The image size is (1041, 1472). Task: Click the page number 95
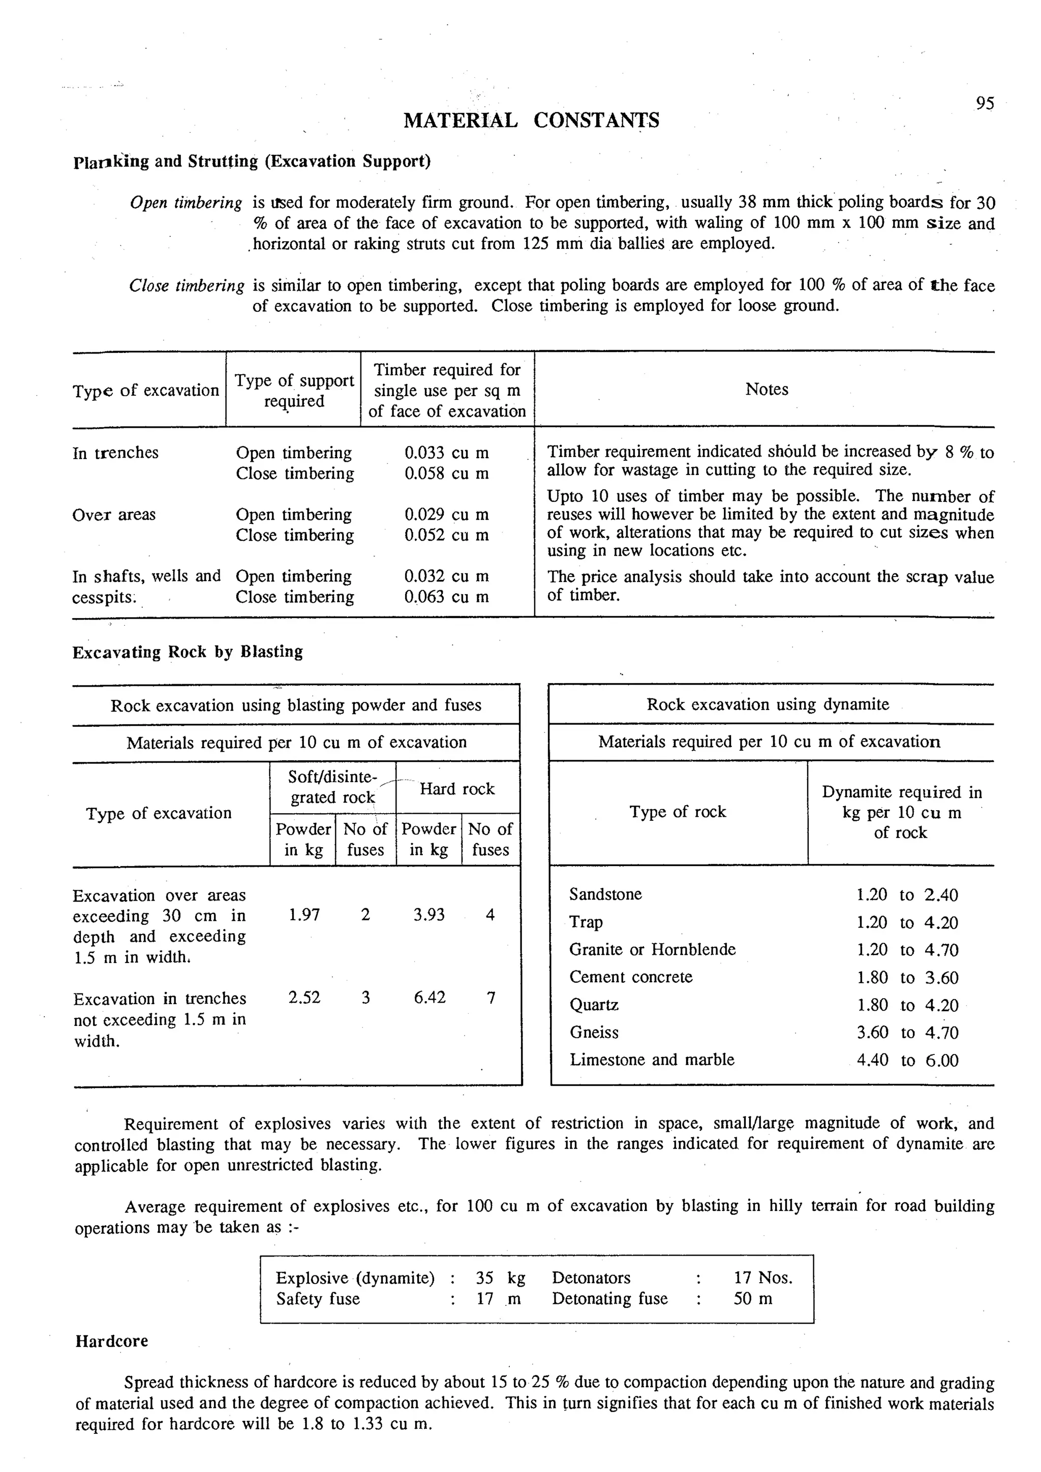point(985,104)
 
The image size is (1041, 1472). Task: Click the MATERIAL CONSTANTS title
point(531,120)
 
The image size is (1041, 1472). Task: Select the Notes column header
point(766,389)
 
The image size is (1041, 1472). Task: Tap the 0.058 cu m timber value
point(446,474)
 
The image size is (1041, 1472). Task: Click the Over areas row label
point(114,515)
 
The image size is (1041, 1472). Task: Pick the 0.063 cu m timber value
point(446,597)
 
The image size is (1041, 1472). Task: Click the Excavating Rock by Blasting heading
point(187,652)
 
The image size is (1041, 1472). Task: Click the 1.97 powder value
point(304,915)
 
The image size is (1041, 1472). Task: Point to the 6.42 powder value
point(429,998)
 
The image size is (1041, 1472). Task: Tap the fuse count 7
point(491,998)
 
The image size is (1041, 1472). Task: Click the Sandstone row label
point(605,894)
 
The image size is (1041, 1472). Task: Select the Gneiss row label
point(594,1032)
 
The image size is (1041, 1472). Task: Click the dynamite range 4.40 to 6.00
point(907,1061)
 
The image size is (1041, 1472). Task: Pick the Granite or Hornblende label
point(652,949)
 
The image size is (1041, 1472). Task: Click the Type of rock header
point(678,812)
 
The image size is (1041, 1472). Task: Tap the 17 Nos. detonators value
point(762,1278)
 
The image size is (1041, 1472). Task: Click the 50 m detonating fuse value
point(753,1299)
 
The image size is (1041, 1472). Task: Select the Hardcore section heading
point(112,1341)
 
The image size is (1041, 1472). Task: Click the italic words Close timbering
point(187,286)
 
